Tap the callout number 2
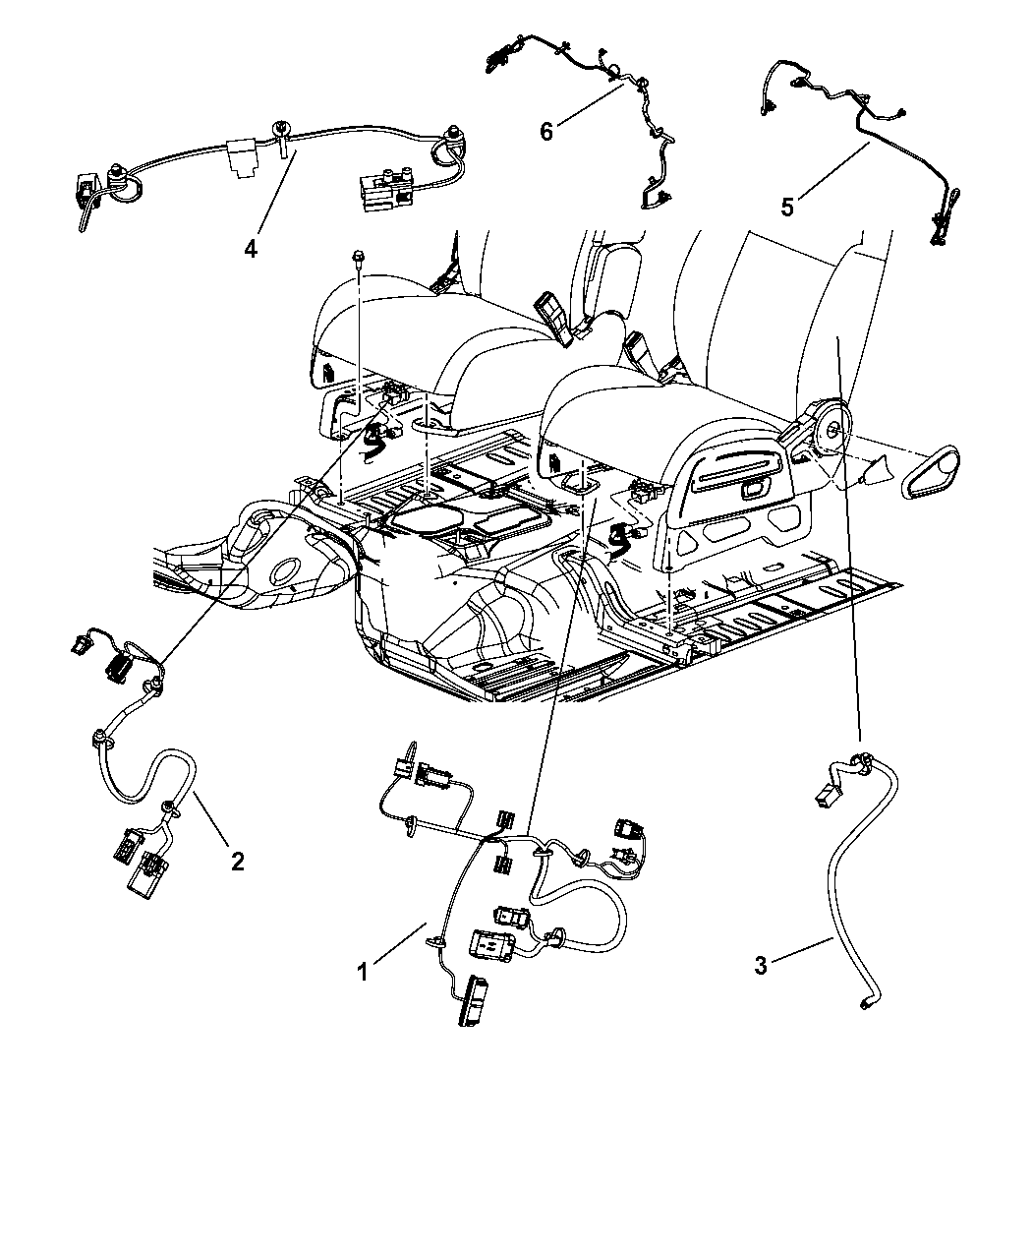[237, 861]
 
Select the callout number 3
[760, 966]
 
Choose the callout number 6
[546, 130]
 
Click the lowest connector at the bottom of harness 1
[470, 1000]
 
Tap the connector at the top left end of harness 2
[78, 645]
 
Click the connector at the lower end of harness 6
[652, 201]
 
